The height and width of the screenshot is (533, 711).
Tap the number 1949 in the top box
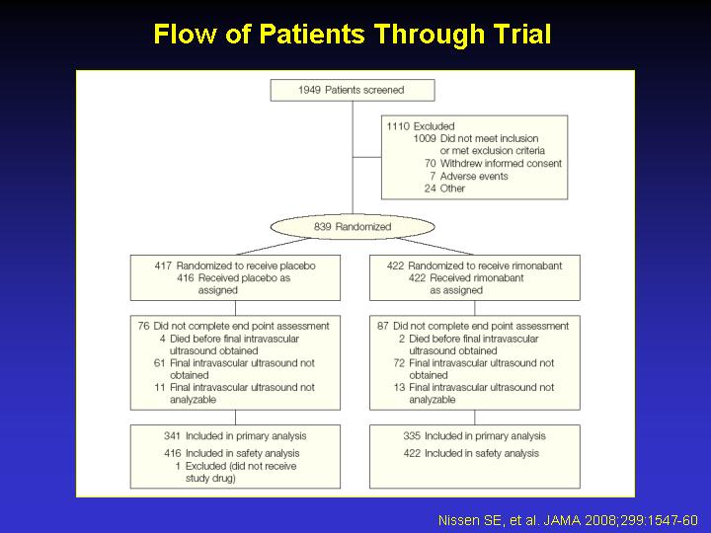309,90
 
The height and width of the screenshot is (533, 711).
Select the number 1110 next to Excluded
398,126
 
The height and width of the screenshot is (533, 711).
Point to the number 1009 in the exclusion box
425,138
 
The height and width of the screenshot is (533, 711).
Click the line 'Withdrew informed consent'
501,163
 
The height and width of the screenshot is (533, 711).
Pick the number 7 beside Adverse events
433,176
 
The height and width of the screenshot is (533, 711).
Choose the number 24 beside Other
431,189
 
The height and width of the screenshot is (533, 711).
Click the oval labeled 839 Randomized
353,227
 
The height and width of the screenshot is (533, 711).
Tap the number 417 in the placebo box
163,266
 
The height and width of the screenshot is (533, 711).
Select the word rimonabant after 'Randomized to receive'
536,266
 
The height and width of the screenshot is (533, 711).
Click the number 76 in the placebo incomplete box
144,326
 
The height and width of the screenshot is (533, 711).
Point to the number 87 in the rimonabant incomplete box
383,326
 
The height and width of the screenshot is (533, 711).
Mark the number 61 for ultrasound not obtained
159,363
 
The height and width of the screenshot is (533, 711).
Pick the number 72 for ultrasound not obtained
399,363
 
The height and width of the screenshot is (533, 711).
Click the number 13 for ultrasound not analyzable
399,387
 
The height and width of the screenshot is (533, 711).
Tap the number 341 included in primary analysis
172,436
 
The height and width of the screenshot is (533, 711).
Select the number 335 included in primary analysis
412,436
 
